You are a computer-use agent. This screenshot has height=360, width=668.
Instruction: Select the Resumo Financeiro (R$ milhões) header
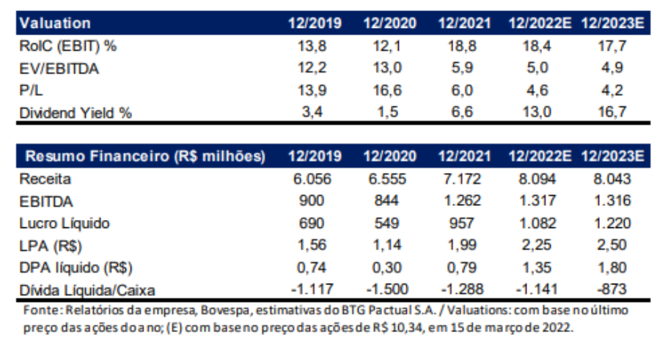[144, 157]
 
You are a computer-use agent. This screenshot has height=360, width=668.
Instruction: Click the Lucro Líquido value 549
[389, 224]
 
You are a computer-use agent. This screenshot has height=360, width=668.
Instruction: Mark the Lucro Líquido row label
[65, 224]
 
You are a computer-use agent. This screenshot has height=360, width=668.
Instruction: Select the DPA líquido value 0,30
[389, 268]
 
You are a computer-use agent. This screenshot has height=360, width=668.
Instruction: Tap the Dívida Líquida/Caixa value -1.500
[389, 290]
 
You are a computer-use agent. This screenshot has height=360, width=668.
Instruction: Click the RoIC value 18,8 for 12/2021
[464, 46]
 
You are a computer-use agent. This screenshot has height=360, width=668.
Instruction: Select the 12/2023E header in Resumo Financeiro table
[612, 157]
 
